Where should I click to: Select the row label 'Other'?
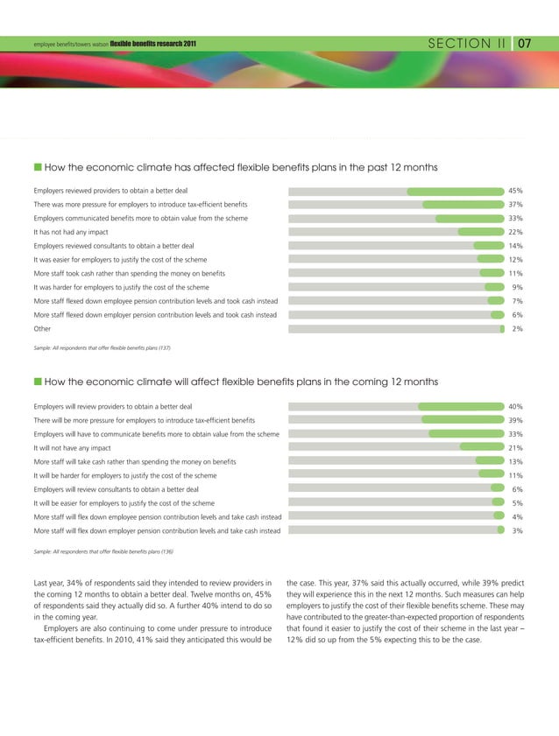click(x=41, y=328)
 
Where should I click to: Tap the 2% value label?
click(x=518, y=328)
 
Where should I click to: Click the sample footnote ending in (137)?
click(x=102, y=348)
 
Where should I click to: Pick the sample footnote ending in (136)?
click(x=102, y=551)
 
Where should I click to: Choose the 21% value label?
click(x=516, y=448)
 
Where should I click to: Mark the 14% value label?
click(x=516, y=246)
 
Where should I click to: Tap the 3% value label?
click(x=518, y=530)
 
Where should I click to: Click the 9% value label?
click(x=518, y=287)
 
